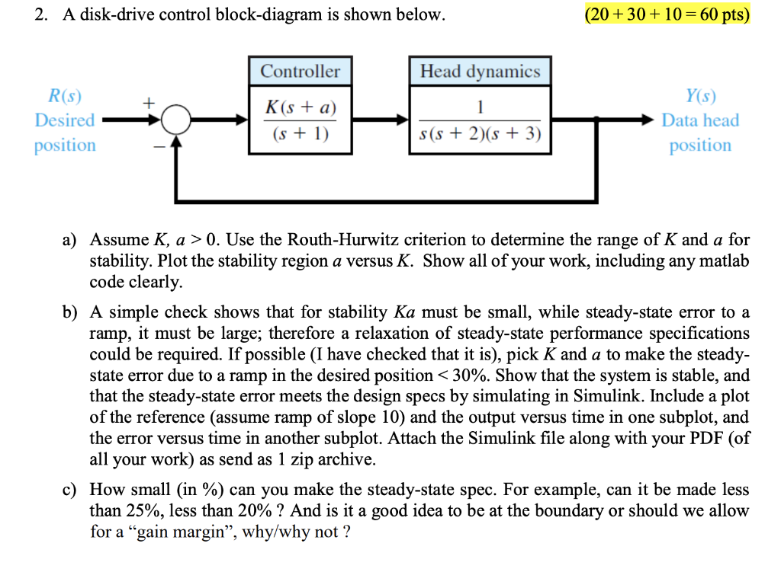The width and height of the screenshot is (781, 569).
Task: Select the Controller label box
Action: tap(300, 72)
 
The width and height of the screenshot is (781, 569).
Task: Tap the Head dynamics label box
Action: tap(480, 72)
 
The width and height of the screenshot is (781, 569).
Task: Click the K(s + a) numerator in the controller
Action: tap(300, 107)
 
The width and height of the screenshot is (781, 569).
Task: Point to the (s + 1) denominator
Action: tap(300, 136)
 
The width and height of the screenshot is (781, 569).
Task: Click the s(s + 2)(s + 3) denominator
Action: tap(480, 136)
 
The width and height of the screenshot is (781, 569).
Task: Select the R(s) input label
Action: tap(65, 96)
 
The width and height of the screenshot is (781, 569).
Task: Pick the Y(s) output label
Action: tap(700, 96)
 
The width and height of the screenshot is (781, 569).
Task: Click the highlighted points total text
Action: tap(665, 14)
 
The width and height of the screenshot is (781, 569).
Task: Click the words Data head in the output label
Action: tap(700, 120)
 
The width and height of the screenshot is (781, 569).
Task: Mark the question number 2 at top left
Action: tap(39, 14)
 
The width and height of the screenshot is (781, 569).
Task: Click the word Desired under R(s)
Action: tap(65, 120)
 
